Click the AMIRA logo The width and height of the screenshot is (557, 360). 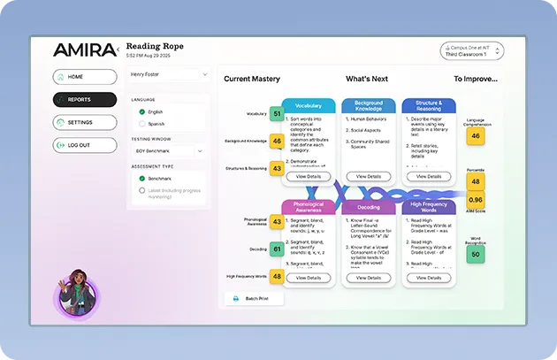coord(83,50)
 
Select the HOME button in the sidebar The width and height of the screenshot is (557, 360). coord(84,77)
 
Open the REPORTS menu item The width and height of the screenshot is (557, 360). coord(84,100)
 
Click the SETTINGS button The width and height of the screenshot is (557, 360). coord(84,122)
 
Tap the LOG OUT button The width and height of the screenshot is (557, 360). coord(84,145)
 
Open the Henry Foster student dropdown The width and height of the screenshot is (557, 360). coord(168,74)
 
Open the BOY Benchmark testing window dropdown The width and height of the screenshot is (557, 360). coord(168,151)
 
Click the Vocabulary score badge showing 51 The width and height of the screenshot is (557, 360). coord(277,114)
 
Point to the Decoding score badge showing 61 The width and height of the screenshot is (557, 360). coord(277,249)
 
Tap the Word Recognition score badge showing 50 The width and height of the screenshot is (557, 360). coord(476,254)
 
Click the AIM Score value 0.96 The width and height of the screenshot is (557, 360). coord(476,200)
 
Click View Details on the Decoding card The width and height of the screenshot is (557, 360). coord(368,278)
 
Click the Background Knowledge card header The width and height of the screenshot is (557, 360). coord(368,105)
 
